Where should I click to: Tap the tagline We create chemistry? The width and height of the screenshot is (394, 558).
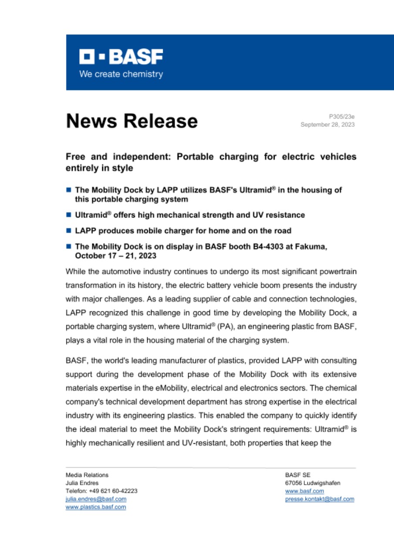[x=121, y=74]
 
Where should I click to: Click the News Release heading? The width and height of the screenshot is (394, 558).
[x=131, y=121]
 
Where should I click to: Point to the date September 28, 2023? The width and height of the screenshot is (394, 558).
[x=327, y=125]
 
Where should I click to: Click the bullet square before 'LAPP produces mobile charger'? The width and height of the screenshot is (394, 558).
[x=69, y=231]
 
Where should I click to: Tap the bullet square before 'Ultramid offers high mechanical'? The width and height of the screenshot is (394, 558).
[x=69, y=215]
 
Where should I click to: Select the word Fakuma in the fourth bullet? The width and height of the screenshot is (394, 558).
[x=311, y=246]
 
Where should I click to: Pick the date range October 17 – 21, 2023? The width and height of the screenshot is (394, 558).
[x=110, y=255]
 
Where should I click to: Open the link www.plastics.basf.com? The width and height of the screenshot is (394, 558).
[x=96, y=507]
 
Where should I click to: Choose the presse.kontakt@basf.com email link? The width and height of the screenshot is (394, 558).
[x=319, y=499]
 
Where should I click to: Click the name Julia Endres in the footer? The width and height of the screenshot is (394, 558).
[x=82, y=483]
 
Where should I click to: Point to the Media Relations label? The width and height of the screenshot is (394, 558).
[x=87, y=475]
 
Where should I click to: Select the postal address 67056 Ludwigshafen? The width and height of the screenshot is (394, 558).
[x=313, y=483]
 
